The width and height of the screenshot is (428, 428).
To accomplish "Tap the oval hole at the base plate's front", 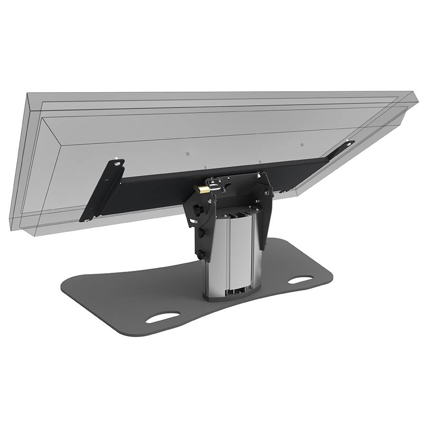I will [162, 317].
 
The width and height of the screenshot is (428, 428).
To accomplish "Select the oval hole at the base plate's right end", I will [300, 279].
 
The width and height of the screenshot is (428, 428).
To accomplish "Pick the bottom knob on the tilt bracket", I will [201, 255].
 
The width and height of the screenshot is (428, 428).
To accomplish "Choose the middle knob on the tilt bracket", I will [199, 232].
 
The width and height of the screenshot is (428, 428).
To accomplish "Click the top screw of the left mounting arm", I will [116, 164].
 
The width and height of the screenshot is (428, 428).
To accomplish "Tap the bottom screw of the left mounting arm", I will [87, 220].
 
